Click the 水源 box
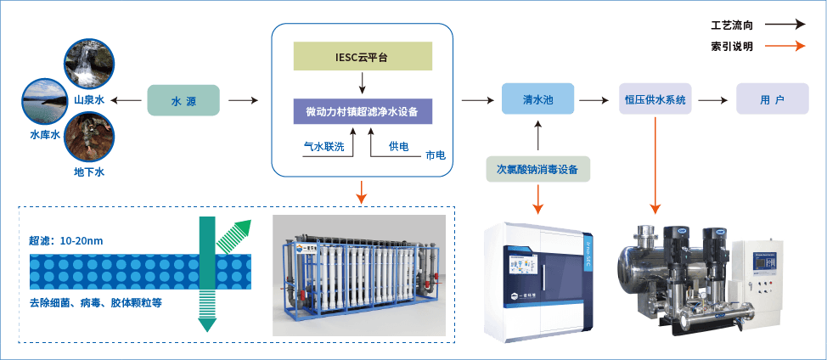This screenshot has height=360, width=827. click(x=183, y=100)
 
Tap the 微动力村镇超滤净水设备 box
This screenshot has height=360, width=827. click(x=363, y=112)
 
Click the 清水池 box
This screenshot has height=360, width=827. click(x=537, y=99)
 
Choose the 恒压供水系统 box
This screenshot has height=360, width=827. click(x=655, y=99)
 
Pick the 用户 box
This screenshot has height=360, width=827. click(x=772, y=99)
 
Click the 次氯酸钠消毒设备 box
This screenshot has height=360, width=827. click(x=537, y=170)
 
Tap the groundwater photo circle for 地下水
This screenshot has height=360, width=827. click(x=89, y=138)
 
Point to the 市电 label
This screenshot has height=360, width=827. click(x=435, y=156)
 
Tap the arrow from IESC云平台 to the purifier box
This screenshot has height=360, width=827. click(x=363, y=83)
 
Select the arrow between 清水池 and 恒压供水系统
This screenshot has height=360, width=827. click(x=597, y=100)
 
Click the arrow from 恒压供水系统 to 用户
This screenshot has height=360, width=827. click(x=715, y=100)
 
